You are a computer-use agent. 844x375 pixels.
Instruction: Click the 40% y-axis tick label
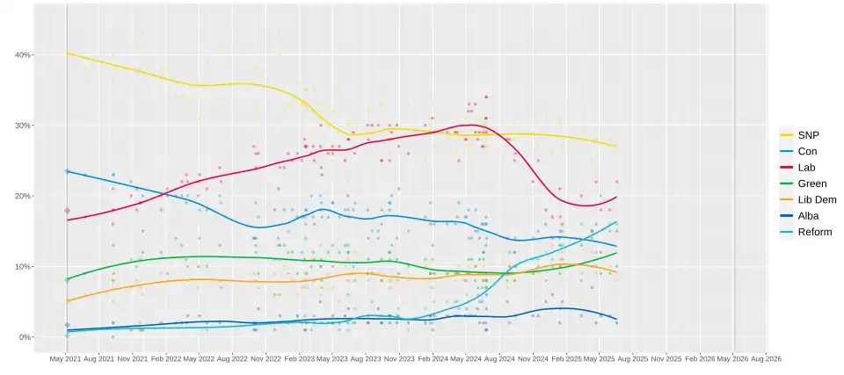point(23,54)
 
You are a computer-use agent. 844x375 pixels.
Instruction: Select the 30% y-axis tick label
point(23,126)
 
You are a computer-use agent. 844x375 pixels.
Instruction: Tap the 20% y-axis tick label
point(23,196)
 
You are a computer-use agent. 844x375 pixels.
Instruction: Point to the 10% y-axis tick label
point(23,266)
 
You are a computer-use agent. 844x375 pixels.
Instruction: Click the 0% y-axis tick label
point(25,337)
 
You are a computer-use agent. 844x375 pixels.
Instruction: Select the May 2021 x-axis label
point(67,358)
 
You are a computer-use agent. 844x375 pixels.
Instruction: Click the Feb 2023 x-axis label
point(300,358)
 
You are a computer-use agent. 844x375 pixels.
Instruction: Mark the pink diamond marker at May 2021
point(67,211)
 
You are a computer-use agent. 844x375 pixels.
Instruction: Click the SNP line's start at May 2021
point(68,54)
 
